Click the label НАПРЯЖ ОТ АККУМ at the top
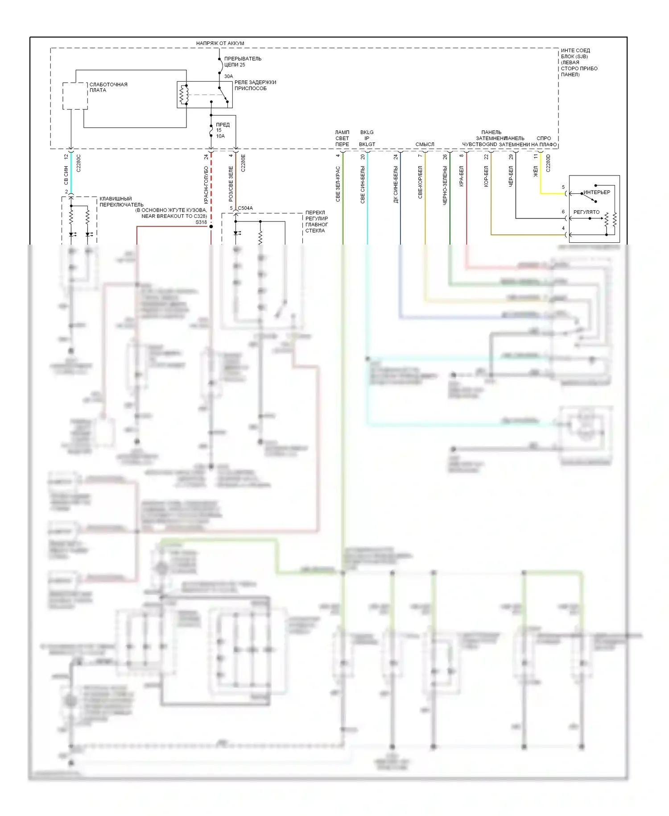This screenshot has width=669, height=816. [x=220, y=43]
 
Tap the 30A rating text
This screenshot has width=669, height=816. [x=228, y=76]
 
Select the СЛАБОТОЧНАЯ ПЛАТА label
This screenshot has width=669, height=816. [x=108, y=87]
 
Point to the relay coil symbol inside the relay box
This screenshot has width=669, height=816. [x=183, y=94]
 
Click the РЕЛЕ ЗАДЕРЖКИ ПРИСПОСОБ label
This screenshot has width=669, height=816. [x=255, y=85]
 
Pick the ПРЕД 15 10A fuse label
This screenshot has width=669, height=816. [x=222, y=130]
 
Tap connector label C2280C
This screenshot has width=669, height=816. [x=79, y=163]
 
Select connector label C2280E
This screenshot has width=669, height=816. [x=243, y=163]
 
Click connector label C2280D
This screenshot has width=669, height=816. [x=548, y=163]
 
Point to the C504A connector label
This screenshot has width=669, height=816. [x=245, y=208]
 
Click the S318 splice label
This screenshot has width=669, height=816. [x=201, y=222]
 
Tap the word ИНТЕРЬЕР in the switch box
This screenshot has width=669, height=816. [x=596, y=192]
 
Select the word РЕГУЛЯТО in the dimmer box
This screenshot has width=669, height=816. [x=586, y=212]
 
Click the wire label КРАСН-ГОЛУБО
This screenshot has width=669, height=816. [x=206, y=185]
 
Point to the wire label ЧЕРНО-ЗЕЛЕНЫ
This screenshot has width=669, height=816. [x=445, y=185]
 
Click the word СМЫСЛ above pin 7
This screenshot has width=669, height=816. [x=425, y=144]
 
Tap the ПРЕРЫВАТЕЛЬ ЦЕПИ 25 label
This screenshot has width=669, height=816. [x=243, y=62]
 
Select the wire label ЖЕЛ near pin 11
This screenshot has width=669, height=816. [x=536, y=171]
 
